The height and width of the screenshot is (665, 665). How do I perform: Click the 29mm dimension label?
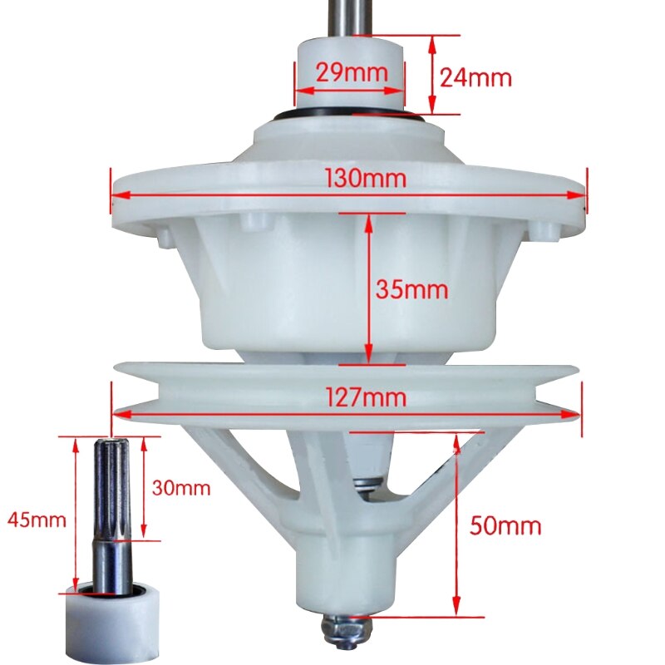pyautogui.click(x=352, y=73)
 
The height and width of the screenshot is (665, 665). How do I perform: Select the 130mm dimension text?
pyautogui.click(x=366, y=178)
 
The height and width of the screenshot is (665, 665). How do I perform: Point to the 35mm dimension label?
pyautogui.click(x=411, y=290)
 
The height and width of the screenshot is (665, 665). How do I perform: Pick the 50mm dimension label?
pyautogui.click(x=505, y=525)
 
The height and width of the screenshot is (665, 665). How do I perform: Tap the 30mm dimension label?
pyautogui.click(x=180, y=488)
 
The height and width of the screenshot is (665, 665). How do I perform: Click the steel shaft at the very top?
pyautogui.click(x=349, y=15)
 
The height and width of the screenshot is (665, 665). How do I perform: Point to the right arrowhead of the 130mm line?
pyautogui.click(x=581, y=195)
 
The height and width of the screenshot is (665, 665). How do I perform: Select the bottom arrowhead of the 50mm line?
pyautogui.click(x=456, y=610)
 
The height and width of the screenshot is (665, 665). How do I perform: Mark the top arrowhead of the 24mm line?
pyautogui.click(x=431, y=41)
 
